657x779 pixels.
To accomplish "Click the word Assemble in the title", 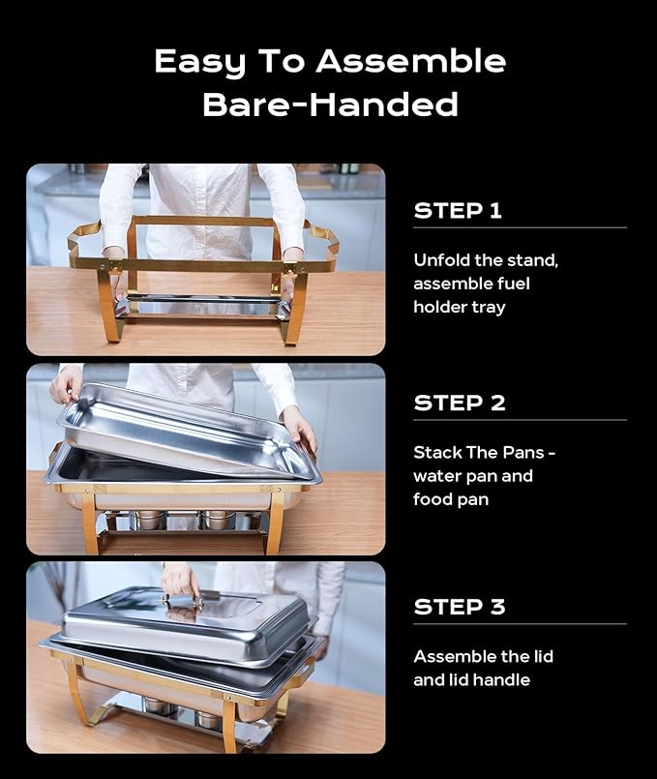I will coord(411,62).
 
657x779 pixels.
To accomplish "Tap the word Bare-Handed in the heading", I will coord(330,104).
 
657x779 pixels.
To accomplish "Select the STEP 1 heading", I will coord(458,211).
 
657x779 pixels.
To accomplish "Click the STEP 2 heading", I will coord(460,404).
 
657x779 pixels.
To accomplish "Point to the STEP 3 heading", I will coord(460,608).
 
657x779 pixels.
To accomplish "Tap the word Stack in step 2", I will coord(437,453).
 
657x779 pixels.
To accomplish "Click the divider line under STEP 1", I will coord(520,228).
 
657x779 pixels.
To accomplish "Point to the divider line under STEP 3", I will coord(520,624).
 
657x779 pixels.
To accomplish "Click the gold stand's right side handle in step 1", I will coord(320,244).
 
